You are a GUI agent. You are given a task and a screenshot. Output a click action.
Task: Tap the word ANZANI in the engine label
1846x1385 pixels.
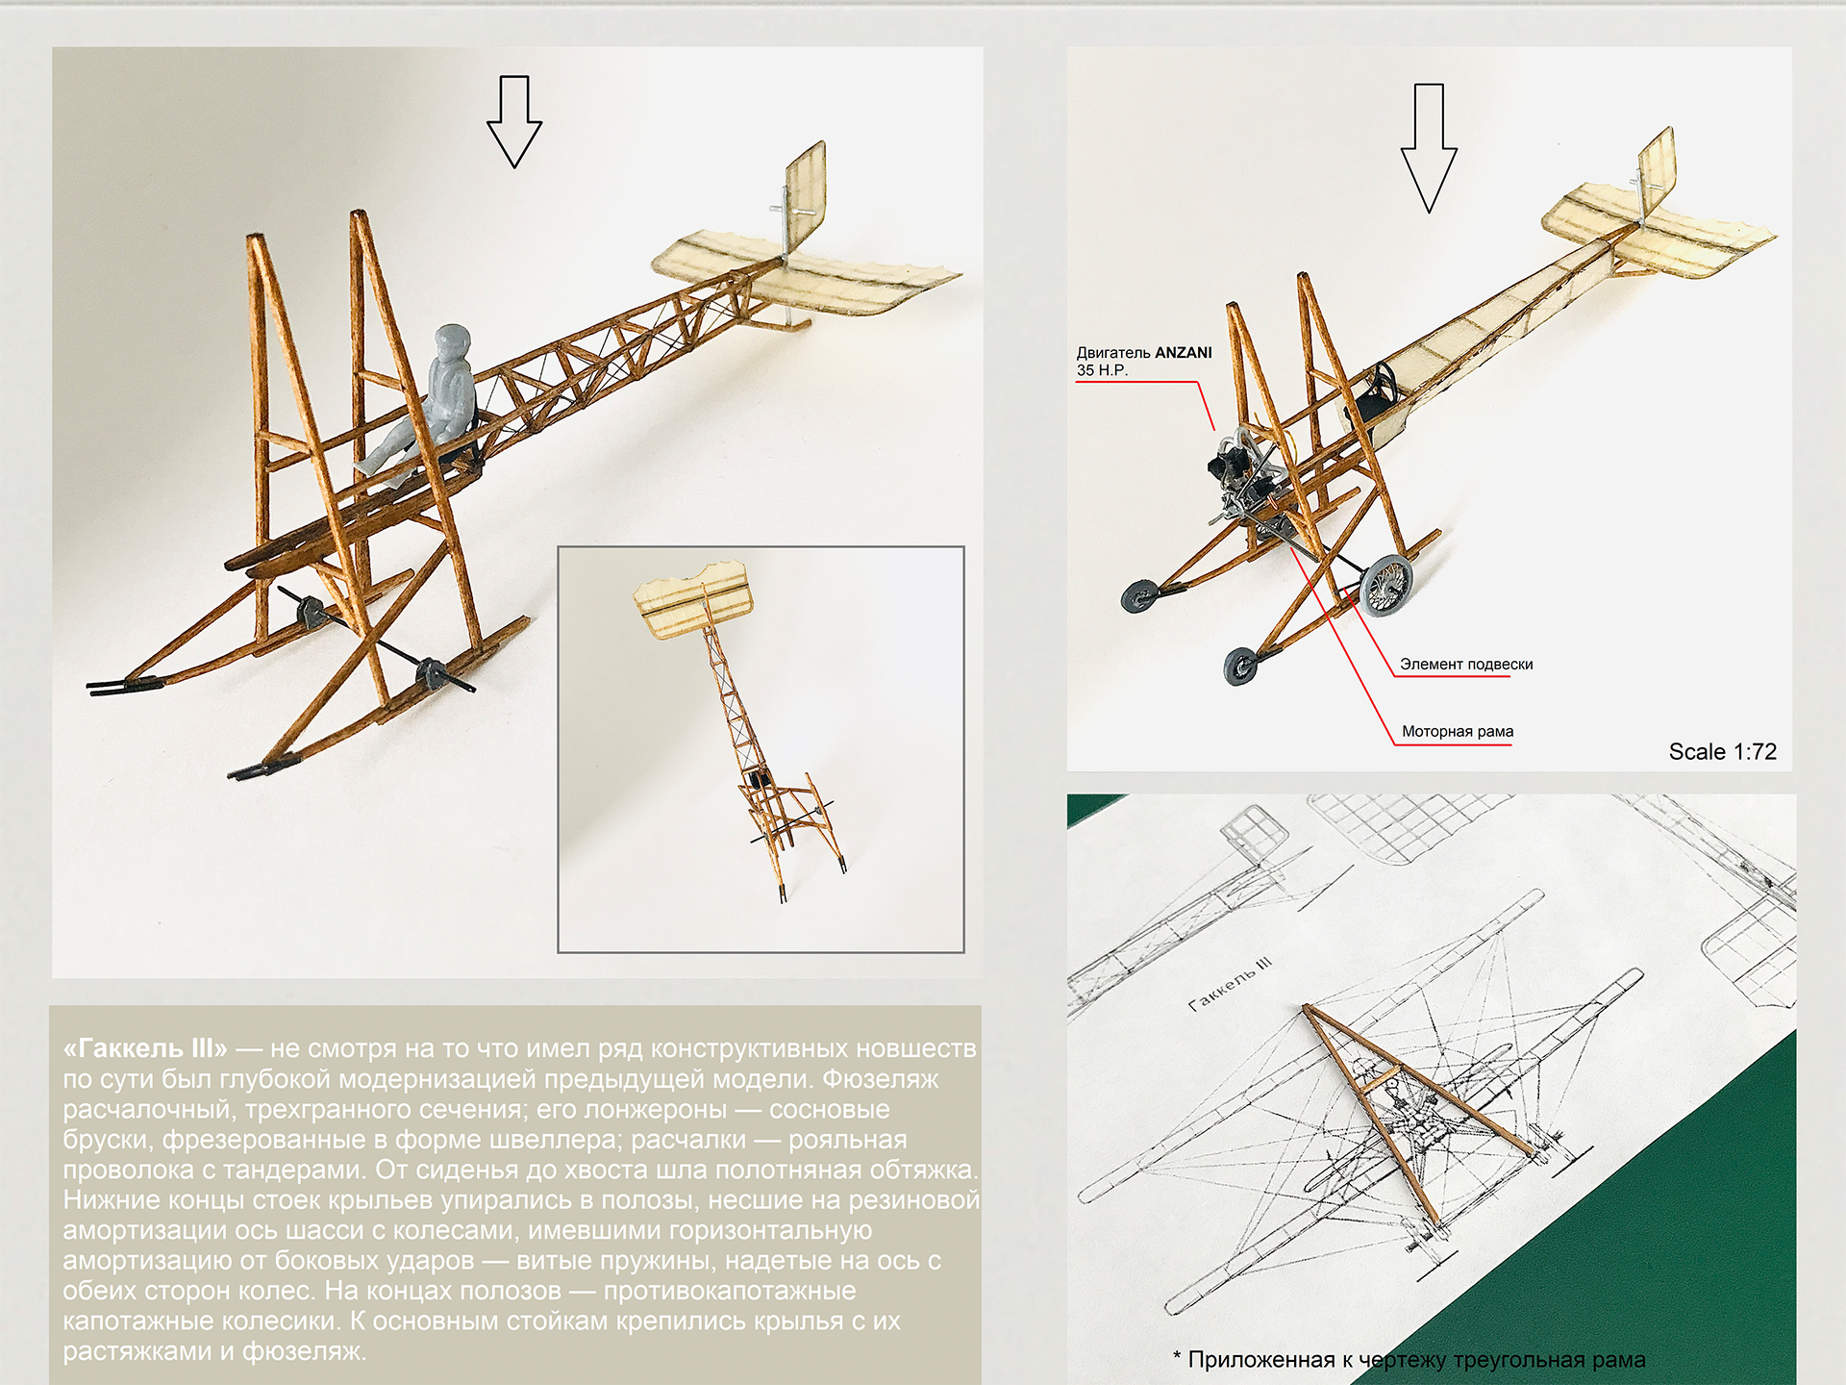(1183, 353)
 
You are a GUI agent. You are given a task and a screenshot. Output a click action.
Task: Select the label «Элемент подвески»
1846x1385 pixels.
(1465, 665)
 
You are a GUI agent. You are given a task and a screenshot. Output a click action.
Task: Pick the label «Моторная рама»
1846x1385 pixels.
(1457, 732)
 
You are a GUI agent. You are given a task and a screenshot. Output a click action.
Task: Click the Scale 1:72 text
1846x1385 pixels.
(1722, 752)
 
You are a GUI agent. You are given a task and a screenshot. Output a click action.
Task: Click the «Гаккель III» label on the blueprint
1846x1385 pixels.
(1230, 987)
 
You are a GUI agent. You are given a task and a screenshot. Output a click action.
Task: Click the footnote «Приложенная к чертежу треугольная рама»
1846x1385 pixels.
(1409, 1360)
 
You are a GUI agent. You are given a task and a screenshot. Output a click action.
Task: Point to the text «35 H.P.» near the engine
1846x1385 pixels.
(1102, 370)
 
